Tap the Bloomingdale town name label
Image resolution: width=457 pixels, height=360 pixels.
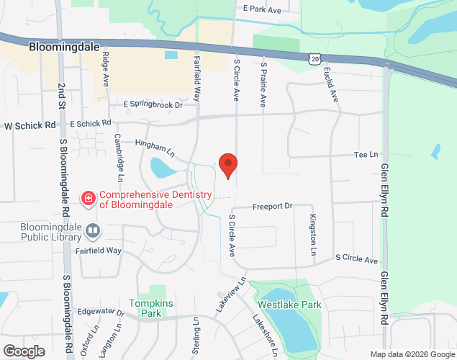[64, 47]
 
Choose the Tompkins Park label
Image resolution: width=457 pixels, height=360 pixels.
[150, 308]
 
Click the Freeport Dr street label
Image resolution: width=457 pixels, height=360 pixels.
[273, 207]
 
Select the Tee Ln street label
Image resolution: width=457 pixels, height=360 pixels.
[366, 155]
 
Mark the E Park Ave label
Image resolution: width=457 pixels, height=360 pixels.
[262, 9]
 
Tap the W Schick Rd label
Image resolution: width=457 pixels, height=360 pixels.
[30, 125]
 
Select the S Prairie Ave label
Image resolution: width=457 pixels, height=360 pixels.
[264, 86]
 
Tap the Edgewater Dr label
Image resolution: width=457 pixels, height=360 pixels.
[101, 311]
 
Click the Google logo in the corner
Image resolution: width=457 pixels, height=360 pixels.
[23, 351]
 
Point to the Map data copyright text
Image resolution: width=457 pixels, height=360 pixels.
[413, 354]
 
